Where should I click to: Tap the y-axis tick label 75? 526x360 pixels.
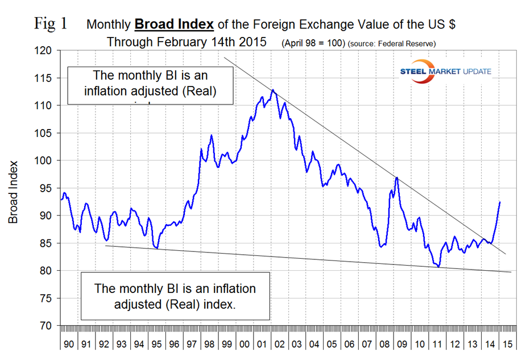pos(46,298)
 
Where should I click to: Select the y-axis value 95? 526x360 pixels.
pos(46,188)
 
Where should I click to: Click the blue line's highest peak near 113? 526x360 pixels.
pos(273,90)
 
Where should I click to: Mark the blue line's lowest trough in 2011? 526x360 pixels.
pos(438,267)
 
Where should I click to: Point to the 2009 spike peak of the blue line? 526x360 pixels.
pos(396,179)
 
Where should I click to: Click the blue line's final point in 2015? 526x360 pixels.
pos(500,202)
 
